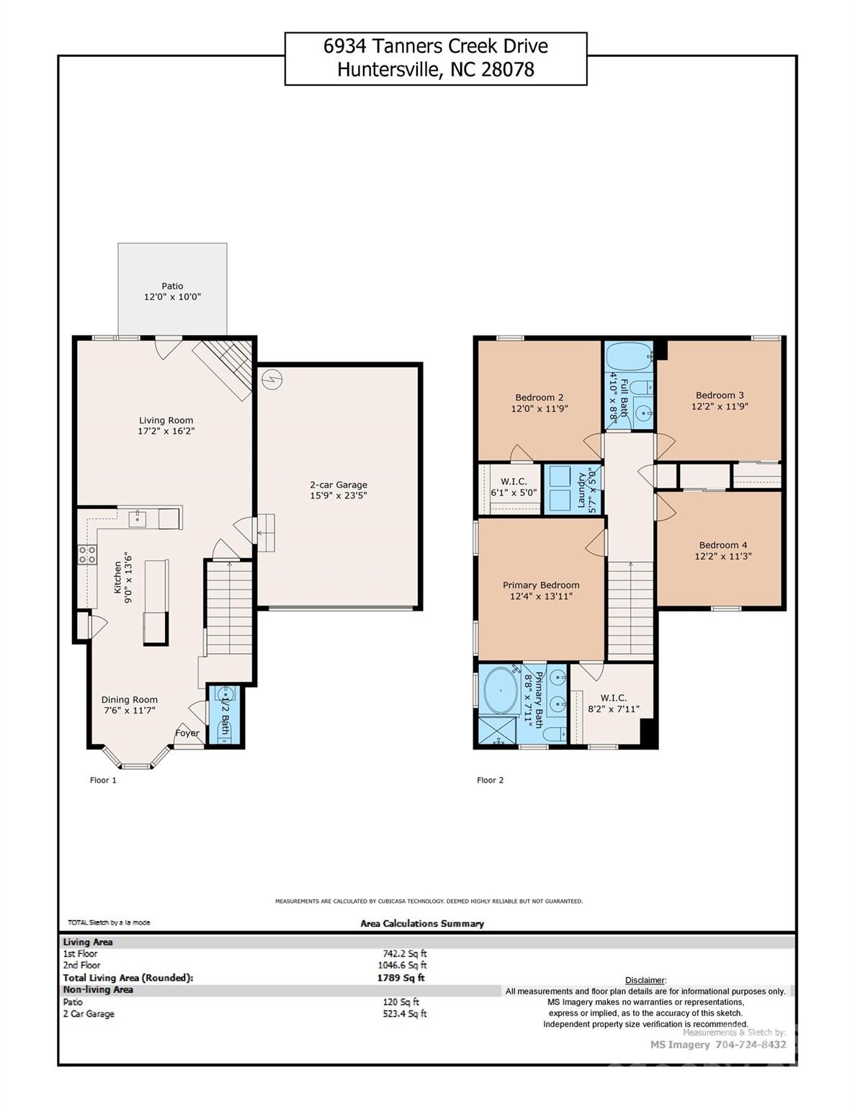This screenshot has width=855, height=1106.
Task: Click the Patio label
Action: point(172,286)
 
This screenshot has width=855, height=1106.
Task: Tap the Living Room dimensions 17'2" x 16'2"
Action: point(166,431)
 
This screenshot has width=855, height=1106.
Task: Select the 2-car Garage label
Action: point(339,485)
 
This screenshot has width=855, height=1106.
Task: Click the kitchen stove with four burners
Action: point(87,554)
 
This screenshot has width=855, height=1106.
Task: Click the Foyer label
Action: point(187,733)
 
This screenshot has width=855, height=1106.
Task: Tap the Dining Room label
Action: point(129,699)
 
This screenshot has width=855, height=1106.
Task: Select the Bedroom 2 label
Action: point(539,397)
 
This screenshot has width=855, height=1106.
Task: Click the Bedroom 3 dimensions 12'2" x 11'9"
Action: point(720,406)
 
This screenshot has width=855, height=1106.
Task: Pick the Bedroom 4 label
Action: point(722,545)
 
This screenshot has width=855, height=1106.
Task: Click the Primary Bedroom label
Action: point(541,585)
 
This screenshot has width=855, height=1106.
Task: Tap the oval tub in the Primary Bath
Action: point(500,691)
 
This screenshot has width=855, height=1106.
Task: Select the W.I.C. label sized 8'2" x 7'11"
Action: point(613,698)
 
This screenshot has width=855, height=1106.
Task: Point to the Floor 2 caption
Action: point(490,780)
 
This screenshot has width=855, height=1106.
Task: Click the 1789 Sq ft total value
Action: point(400,978)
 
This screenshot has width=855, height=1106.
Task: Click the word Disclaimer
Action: point(645,980)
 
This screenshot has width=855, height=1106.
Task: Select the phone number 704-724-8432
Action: point(751,1045)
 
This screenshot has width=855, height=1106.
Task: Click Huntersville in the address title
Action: point(385,69)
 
